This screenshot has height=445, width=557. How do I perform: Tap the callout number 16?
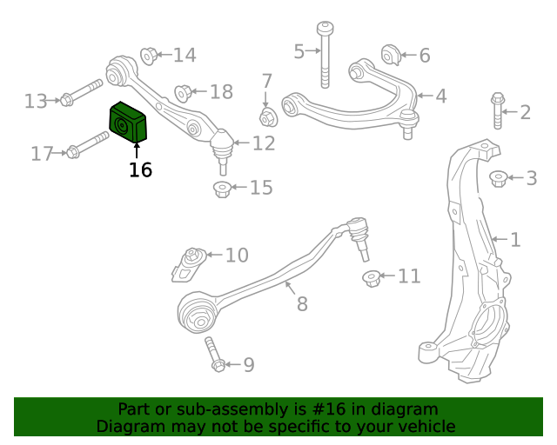pyautogui.click(x=140, y=170)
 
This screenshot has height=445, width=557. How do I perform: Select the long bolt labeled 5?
pyautogui.click(x=325, y=54)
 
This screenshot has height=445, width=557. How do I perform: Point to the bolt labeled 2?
pyautogui.click(x=498, y=110)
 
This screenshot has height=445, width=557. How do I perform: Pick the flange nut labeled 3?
pyautogui.click(x=498, y=178)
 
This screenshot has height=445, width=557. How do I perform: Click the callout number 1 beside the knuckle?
pyautogui.click(x=515, y=239)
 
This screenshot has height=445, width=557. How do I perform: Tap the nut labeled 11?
pyautogui.click(x=372, y=278)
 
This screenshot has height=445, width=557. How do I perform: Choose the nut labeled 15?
pyautogui.click(x=223, y=189)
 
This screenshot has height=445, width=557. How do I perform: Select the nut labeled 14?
pyautogui.click(x=149, y=56)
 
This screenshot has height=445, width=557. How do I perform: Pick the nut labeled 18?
pyautogui.click(x=183, y=92)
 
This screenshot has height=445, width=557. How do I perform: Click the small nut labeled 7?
pyautogui.click(x=268, y=116)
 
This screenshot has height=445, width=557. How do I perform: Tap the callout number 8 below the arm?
pyautogui.click(x=302, y=304)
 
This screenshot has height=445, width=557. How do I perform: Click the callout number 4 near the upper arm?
pyautogui.click(x=441, y=96)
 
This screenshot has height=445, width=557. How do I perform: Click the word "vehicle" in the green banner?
pyautogui.click(x=426, y=427)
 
